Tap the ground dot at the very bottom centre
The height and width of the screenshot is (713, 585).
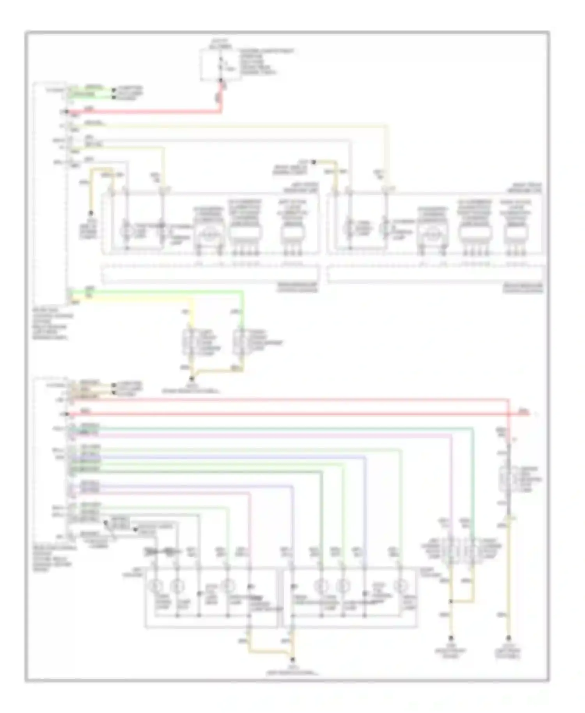(293, 660)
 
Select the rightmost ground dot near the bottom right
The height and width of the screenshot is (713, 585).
(509, 639)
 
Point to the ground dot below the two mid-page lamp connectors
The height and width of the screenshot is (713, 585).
(191, 378)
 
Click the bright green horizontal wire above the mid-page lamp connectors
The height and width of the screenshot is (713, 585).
(156, 291)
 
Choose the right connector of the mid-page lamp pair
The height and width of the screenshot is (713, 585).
(239, 342)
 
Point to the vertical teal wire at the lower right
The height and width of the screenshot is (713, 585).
(473, 488)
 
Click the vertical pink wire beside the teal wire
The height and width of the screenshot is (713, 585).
(451, 488)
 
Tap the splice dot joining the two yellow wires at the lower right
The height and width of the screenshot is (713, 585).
(451, 602)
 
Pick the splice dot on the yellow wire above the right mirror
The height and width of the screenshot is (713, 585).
(314, 161)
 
